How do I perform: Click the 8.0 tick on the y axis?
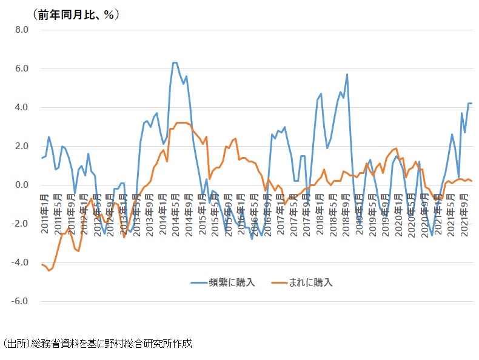click(22, 30)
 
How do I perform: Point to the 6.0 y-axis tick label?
click(22, 68)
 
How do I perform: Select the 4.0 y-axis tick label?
click(22, 107)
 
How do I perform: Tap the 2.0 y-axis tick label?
click(22, 146)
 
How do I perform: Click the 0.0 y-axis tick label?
click(22, 185)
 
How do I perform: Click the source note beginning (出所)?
click(96, 344)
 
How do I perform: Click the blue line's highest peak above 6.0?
click(175, 62)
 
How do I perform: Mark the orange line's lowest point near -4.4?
click(49, 270)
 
